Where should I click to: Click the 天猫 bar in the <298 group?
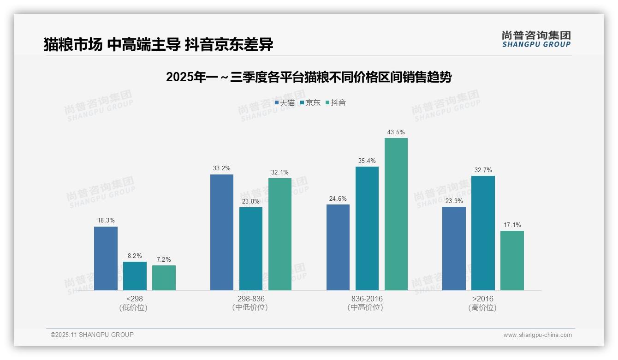click(106, 258)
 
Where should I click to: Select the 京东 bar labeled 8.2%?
click(135, 276)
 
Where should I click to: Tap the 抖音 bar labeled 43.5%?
click(396, 214)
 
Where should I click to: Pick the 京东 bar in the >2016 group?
click(483, 233)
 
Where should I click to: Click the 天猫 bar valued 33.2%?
click(222, 232)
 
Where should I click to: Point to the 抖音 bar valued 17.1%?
click(512, 260)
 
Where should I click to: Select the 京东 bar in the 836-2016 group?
click(367, 228)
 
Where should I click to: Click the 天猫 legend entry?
click(285, 103)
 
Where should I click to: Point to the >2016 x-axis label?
click(482, 299)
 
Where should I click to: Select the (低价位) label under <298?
click(133, 308)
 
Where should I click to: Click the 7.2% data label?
click(164, 259)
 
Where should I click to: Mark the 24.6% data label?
click(338, 199)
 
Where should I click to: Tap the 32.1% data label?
click(280, 173)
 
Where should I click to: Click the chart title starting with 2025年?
click(309, 77)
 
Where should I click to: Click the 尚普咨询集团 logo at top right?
click(536, 39)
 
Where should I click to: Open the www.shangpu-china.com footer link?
click(537, 335)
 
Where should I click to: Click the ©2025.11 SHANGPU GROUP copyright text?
click(92, 335)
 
